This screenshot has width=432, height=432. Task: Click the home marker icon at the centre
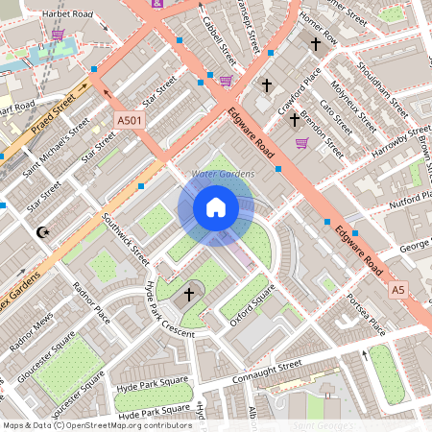point(216,207)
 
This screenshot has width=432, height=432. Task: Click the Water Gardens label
point(223,174)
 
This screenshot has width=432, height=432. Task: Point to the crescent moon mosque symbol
point(41,232)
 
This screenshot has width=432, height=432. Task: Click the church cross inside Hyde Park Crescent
point(189,294)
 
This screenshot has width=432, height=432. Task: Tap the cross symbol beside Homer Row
point(315,43)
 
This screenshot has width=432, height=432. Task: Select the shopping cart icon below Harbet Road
point(58,36)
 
